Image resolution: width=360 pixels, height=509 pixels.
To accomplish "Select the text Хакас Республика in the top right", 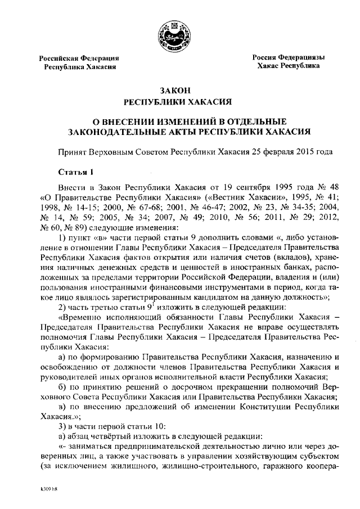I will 289,66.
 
